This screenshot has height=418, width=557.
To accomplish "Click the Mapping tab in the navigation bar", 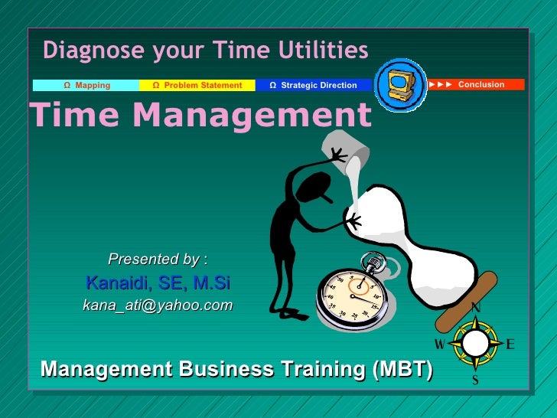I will tap(86, 85).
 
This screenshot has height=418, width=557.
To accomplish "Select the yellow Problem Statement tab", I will tap(197, 85).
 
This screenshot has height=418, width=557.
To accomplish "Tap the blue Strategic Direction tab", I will tap(313, 85).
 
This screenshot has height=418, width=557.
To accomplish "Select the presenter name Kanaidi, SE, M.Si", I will tap(158, 283).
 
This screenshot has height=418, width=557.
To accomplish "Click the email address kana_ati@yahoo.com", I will tap(158, 305).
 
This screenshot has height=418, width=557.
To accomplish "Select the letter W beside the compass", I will tap(440, 344).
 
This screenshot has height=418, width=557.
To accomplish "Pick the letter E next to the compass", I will tap(510, 345).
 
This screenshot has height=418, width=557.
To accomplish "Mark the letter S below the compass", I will tap(475, 380).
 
